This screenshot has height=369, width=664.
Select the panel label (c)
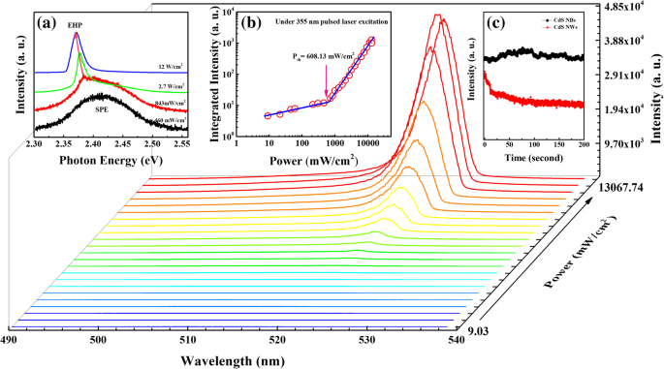pos(505,20)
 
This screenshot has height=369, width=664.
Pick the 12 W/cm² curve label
pos(173,67)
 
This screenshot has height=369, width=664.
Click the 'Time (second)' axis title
pos(533,155)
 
